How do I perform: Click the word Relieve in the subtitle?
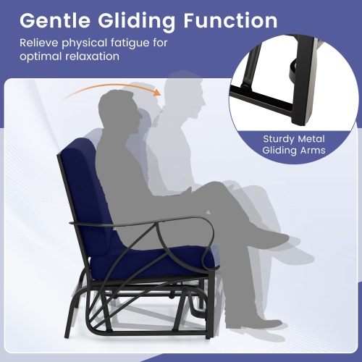[38, 44]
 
